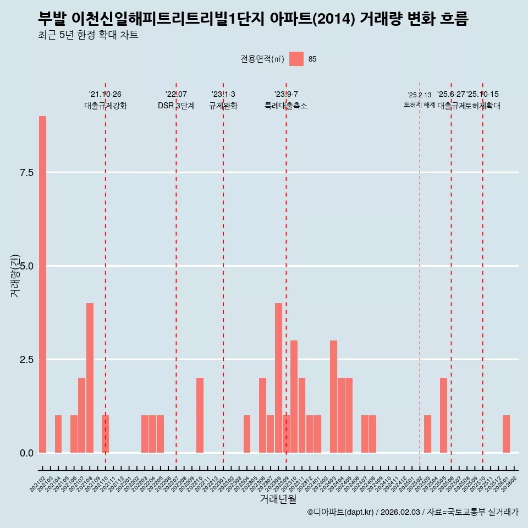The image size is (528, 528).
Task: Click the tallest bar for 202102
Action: tap(42, 284)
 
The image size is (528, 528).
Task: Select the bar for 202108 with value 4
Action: tap(90, 378)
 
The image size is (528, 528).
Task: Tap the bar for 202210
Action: tap(200, 415)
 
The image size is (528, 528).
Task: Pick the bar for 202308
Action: tap(278, 378)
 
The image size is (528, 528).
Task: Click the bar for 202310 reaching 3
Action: tap(294, 397)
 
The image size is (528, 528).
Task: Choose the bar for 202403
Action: tap(333, 397)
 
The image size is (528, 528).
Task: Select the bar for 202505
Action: tap(443, 415)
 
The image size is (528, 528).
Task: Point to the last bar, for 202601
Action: tap(506, 434)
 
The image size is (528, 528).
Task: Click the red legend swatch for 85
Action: tap(296, 59)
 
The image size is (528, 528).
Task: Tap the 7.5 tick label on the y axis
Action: tap(27, 173)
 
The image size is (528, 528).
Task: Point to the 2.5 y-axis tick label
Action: tap(27, 360)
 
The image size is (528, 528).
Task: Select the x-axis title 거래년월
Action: tap(278, 499)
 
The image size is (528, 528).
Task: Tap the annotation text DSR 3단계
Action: tap(176, 106)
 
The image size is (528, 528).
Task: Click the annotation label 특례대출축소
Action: tap(286, 106)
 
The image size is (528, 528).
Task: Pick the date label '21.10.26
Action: tap(105, 94)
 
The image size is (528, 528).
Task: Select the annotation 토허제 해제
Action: tap(420, 104)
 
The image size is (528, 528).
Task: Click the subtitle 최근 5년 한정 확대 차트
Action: tap(88, 35)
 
